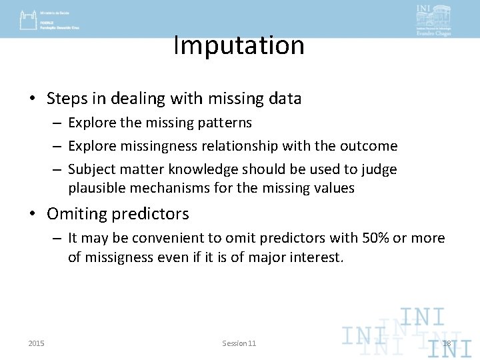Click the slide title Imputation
239,45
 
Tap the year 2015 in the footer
37,343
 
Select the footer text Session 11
239,343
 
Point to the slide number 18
447,343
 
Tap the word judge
378,170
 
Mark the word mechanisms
187,188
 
